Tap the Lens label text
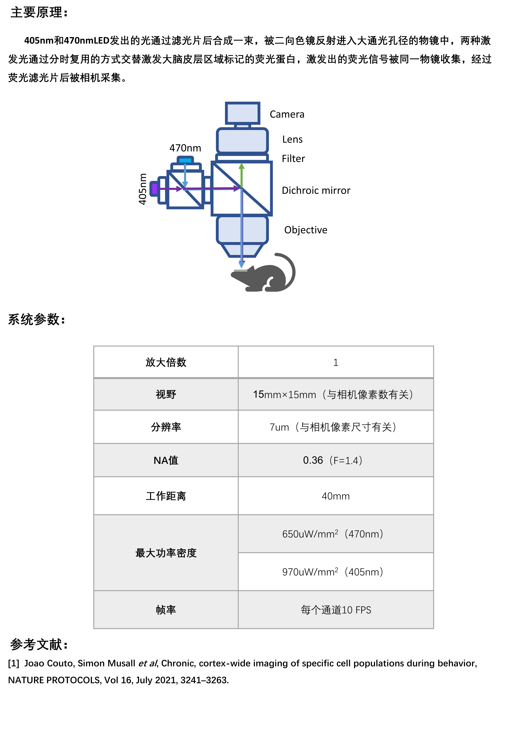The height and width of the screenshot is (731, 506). (292, 140)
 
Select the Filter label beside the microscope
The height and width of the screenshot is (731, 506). (293, 159)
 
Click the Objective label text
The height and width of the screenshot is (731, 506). (306, 230)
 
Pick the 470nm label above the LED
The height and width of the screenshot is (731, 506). (185, 148)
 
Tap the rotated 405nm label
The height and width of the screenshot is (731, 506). (143, 189)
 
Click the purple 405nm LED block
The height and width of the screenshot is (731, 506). (154, 189)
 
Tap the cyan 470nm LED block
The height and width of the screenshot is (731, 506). (185, 160)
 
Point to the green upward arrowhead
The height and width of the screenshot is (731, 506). (242, 166)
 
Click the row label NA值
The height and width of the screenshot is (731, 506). (166, 460)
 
